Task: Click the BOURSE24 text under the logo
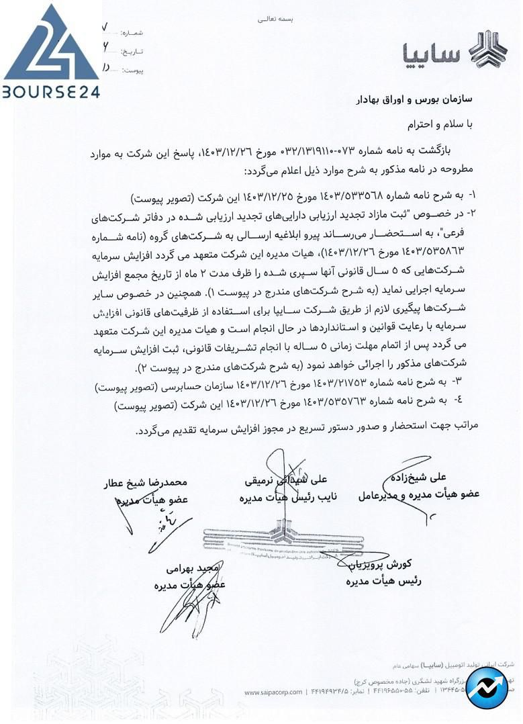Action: (51, 91)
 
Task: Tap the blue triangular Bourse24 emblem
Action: (51, 44)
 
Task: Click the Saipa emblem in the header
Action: (487, 50)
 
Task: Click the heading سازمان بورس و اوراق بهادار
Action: (414, 100)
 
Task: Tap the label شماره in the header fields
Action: (132, 33)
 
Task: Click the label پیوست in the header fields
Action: (132, 69)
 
